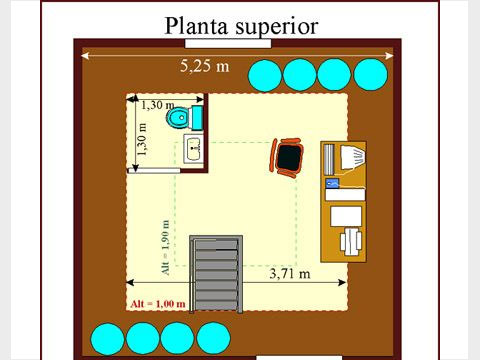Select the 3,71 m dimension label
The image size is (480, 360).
[290, 272]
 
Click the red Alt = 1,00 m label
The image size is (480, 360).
[158, 303]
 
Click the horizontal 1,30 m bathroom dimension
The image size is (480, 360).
[157, 104]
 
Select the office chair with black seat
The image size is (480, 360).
[288, 157]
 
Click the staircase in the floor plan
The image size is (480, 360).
[216, 275]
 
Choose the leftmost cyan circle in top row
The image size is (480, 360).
[265, 74]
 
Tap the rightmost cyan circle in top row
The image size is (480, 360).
[370, 74]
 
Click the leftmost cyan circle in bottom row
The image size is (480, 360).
[105, 337]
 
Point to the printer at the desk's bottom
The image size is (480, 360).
[352, 240]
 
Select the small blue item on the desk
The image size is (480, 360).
[332, 182]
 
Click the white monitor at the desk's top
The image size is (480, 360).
[352, 157]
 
